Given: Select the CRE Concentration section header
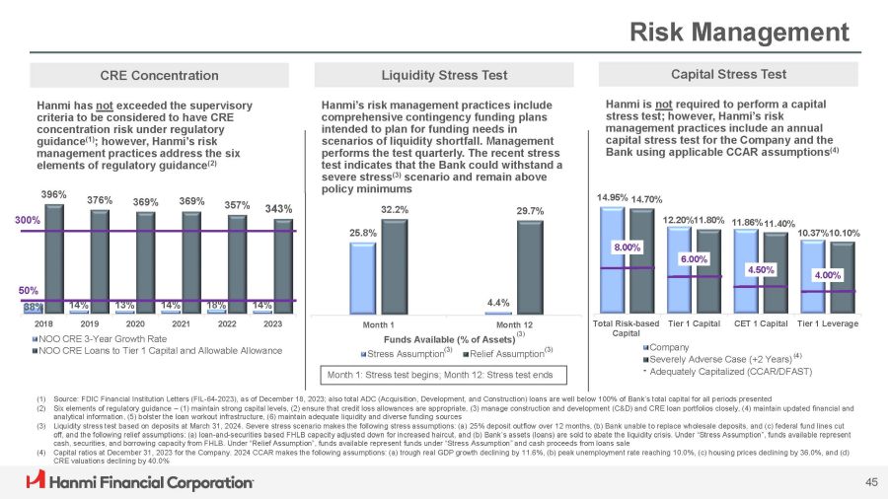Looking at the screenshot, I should pyautogui.click(x=160, y=75).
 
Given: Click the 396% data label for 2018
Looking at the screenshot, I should pyautogui.click(x=54, y=193).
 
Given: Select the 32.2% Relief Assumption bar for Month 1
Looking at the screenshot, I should pyautogui.click(x=395, y=265).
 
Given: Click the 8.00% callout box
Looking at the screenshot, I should pyautogui.click(x=629, y=249).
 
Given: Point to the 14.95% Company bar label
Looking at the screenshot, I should pyautogui.click(x=613, y=197).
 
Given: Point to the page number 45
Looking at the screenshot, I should pyautogui.click(x=870, y=481).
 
